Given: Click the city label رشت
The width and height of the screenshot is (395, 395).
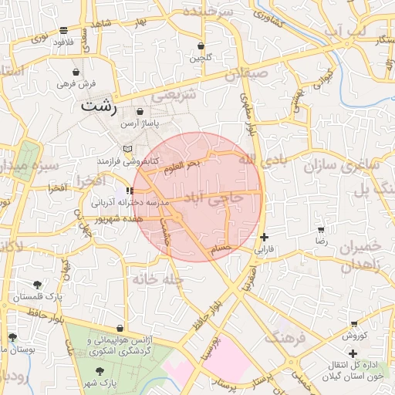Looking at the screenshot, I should pyautogui.click(x=99, y=106).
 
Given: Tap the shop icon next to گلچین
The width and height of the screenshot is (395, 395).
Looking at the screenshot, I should pyautogui.click(x=201, y=46).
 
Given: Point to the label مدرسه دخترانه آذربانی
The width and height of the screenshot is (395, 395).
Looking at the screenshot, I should pyautogui.click(x=126, y=202).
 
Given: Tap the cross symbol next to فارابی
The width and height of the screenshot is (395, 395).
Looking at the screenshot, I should pyautogui.click(x=265, y=237).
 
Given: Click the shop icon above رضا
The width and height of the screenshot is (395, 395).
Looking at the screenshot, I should pyautogui.click(x=320, y=229).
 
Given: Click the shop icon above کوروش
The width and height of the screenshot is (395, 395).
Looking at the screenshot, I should pyautogui.click(x=354, y=324).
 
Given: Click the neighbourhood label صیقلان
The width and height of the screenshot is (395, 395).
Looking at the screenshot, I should pyautogui.click(x=246, y=75).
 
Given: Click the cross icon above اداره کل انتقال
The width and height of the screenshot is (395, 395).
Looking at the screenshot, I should pyautogui.click(x=353, y=353).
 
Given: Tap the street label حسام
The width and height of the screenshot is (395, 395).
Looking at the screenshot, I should pyautogui.click(x=221, y=248).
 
